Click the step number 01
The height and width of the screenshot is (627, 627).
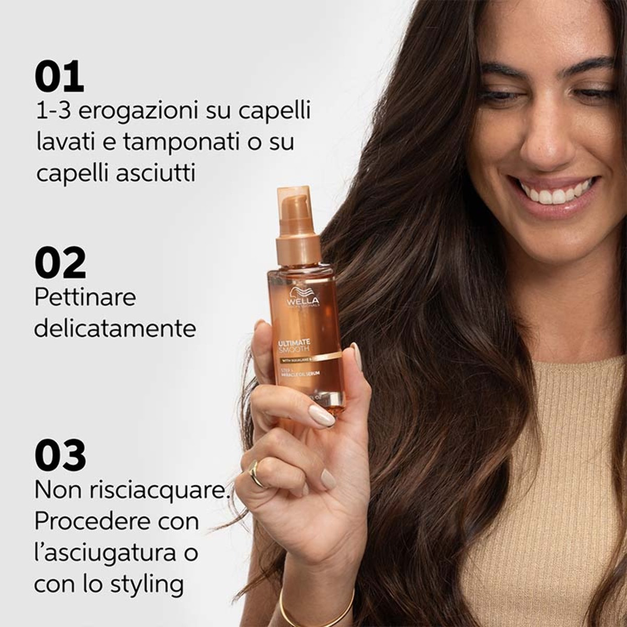(x=59, y=77)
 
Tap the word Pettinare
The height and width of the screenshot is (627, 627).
(x=85, y=298)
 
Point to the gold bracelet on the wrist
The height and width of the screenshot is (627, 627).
(x=313, y=611)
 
